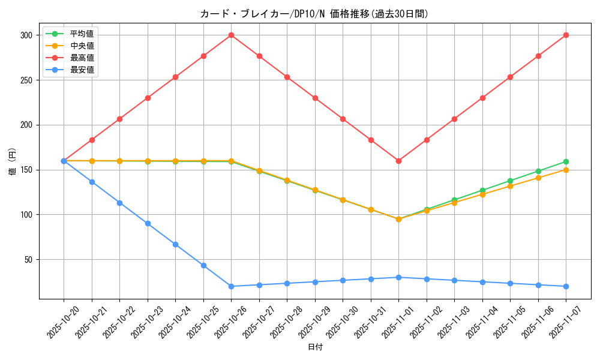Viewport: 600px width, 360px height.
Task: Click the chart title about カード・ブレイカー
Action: click(314, 14)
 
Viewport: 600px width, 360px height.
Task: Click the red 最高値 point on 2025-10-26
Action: click(231, 35)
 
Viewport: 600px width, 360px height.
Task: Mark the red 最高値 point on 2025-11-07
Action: click(566, 35)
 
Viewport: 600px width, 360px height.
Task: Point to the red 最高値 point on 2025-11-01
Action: click(398, 161)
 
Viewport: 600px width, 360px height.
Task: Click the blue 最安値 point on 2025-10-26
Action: click(231, 286)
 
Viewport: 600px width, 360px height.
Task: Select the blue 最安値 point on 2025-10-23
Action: click(148, 223)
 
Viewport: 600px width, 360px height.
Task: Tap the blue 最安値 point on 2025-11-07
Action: click(566, 286)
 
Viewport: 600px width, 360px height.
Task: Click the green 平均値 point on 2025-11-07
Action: click(566, 161)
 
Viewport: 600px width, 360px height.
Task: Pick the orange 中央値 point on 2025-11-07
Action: click(566, 170)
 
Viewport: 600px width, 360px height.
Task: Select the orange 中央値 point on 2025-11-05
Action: click(510, 186)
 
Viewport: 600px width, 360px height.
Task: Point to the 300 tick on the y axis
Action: click(26, 35)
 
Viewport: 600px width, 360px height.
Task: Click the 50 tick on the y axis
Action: click(28, 260)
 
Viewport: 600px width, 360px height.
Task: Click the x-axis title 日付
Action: click(315, 347)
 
